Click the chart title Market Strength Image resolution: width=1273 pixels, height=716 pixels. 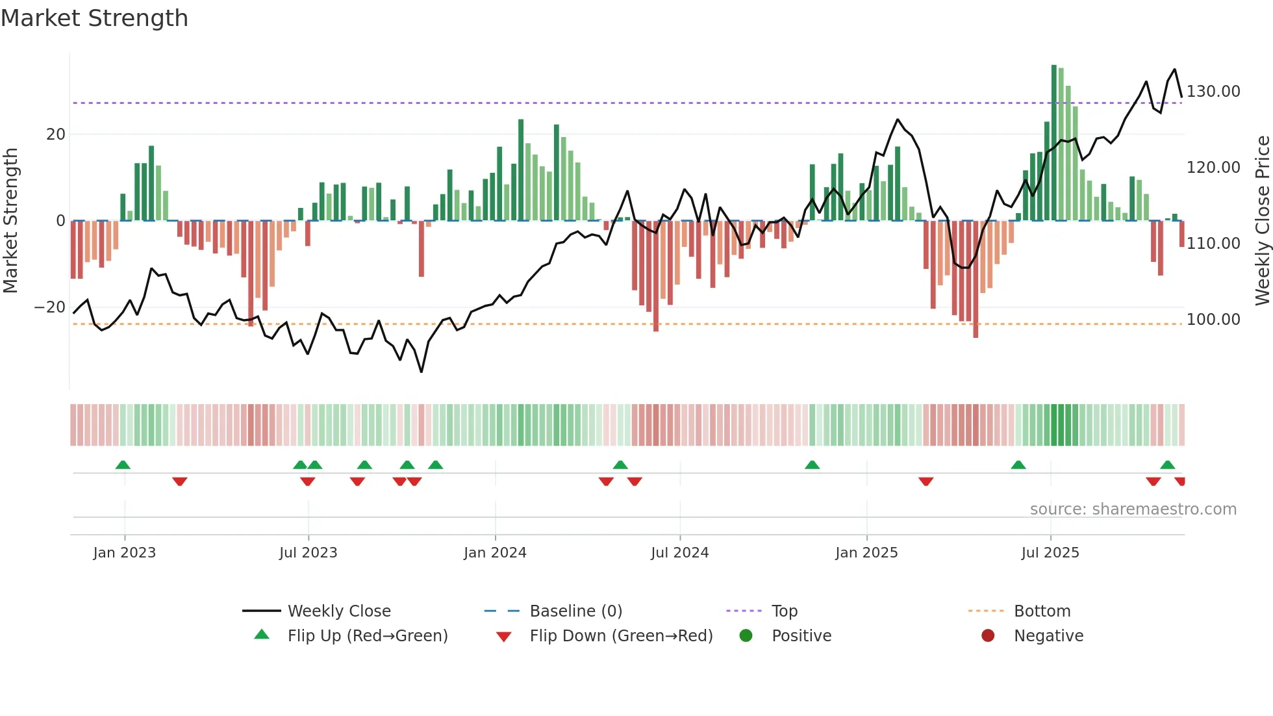(94, 18)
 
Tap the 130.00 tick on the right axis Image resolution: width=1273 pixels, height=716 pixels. (1213, 92)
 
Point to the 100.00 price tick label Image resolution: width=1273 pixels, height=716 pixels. (1213, 320)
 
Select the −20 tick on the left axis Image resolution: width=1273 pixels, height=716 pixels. (50, 307)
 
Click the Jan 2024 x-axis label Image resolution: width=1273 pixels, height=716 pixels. (495, 553)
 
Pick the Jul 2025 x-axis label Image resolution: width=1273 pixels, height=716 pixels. (1050, 553)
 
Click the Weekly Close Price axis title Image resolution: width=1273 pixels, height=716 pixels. (1262, 221)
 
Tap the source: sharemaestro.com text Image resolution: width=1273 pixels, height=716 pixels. (1133, 509)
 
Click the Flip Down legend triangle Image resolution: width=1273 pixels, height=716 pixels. (503, 637)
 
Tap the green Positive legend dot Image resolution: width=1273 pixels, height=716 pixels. (746, 636)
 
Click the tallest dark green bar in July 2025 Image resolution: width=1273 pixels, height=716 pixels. (1054, 143)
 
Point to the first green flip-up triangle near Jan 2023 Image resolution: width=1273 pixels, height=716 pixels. (123, 465)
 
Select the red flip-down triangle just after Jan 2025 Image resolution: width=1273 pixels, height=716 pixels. (926, 481)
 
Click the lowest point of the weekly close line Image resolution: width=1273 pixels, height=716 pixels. (422, 372)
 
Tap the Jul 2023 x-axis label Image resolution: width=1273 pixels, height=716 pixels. (308, 553)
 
